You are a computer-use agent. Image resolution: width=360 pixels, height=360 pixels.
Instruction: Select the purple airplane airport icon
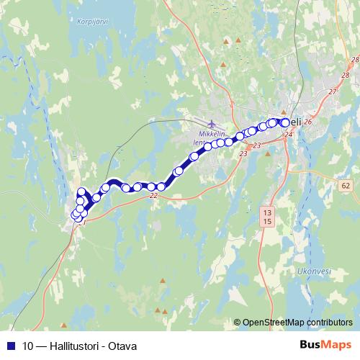pyautogui.click(x=211, y=124)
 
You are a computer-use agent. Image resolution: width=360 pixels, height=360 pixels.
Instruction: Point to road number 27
pyautogui.click(x=332, y=91)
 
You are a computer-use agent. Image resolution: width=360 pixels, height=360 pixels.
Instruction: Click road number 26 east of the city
pyautogui.click(x=307, y=122)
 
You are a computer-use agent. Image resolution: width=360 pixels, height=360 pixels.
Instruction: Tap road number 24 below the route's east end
pyautogui.click(x=289, y=135)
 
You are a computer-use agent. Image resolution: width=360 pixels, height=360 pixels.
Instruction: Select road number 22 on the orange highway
pyautogui.click(x=153, y=195)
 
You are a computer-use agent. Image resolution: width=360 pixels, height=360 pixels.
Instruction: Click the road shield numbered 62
pyautogui.click(x=346, y=186)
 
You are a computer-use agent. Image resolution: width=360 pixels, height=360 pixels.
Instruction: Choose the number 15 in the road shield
pyautogui.click(x=268, y=221)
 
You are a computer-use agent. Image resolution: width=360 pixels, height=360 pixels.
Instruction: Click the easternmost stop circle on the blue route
pyautogui.click(x=286, y=122)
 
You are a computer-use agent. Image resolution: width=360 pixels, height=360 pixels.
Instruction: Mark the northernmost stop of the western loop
pyautogui.click(x=81, y=192)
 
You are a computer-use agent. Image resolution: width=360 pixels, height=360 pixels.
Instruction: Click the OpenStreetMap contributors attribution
pyautogui.click(x=297, y=323)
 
